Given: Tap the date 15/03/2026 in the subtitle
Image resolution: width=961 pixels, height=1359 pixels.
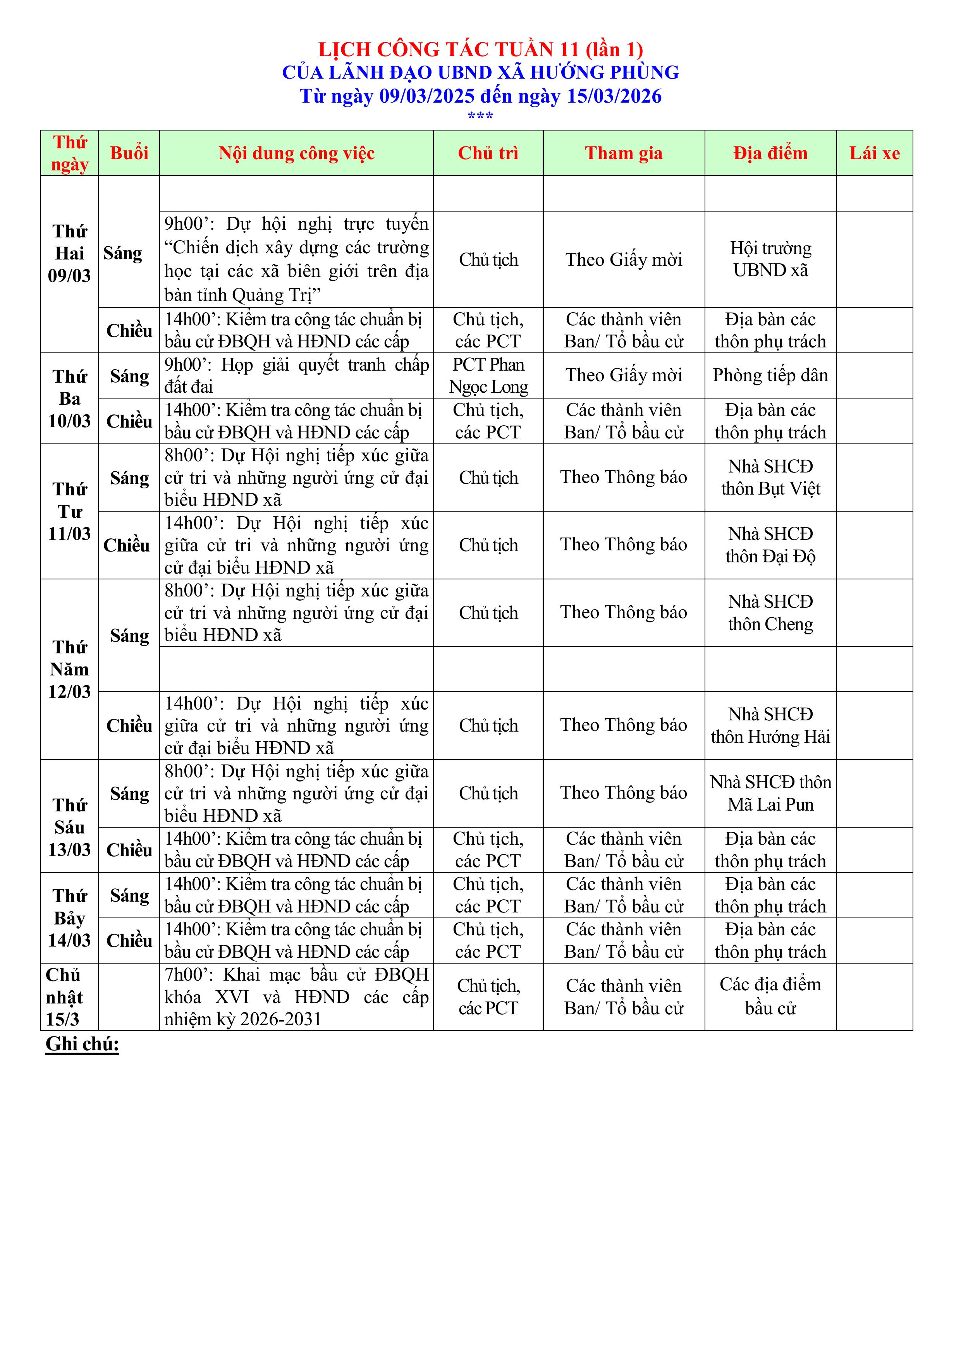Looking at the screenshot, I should (614, 96).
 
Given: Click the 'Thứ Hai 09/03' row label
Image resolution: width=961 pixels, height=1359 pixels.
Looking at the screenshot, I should (69, 253).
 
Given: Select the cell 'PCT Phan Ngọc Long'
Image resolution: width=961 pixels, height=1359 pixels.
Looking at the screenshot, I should (488, 375).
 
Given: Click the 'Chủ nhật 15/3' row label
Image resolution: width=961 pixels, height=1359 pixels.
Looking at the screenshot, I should (64, 997).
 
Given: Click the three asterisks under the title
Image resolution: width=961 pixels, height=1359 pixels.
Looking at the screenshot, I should (480, 117).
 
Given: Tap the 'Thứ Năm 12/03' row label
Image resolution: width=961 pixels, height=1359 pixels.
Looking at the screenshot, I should (69, 669).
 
